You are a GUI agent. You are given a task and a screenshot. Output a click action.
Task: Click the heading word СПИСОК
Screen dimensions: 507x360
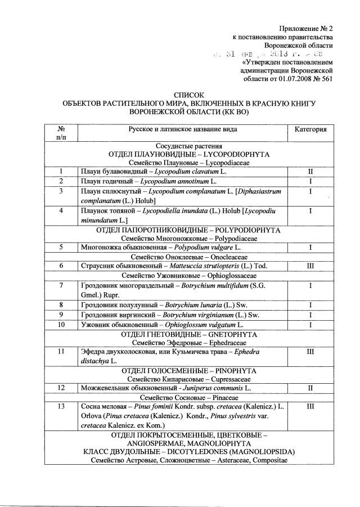coord(189,96)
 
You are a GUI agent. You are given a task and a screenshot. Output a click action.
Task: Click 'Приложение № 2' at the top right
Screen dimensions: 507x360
coord(307,28)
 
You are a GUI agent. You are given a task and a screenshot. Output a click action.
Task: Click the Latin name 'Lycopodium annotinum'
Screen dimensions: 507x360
coord(174,181)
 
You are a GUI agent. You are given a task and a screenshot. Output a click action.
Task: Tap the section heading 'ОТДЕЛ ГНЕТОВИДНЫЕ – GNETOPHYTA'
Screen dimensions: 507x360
coord(189,334)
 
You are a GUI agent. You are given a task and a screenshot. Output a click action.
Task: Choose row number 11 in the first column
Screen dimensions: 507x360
coord(60,352)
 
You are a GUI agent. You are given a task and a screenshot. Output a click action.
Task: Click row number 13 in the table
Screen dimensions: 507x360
coord(60,407)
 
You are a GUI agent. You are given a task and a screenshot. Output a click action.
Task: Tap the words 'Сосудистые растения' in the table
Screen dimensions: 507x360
coord(189,145)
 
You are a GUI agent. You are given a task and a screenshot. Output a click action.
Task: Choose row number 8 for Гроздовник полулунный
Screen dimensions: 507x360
coord(60,306)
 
